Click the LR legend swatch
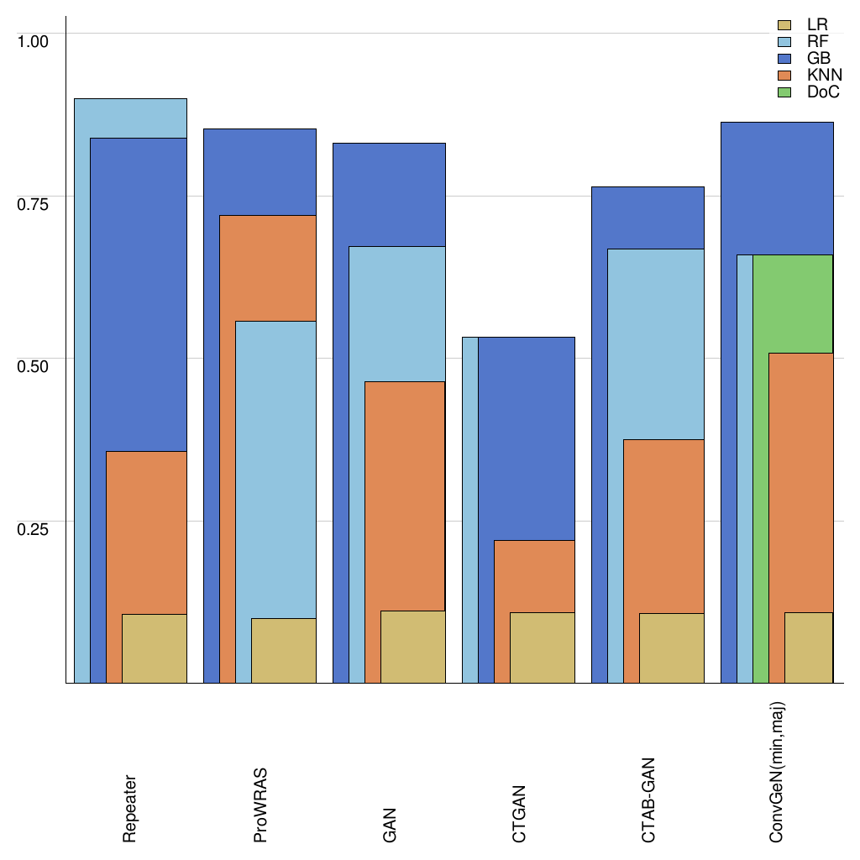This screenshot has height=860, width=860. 785,25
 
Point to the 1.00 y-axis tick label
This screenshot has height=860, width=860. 34,40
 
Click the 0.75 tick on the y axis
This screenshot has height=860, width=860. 34,203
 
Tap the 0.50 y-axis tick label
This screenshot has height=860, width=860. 34,365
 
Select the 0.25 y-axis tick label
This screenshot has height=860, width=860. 34,528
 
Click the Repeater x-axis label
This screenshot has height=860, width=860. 129,809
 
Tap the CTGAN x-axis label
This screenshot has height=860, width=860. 519,813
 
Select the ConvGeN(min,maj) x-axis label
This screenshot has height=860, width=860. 778,772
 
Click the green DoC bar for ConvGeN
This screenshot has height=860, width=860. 792,302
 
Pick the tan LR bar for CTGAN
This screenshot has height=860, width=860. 543,648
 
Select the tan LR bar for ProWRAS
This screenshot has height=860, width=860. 284,651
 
